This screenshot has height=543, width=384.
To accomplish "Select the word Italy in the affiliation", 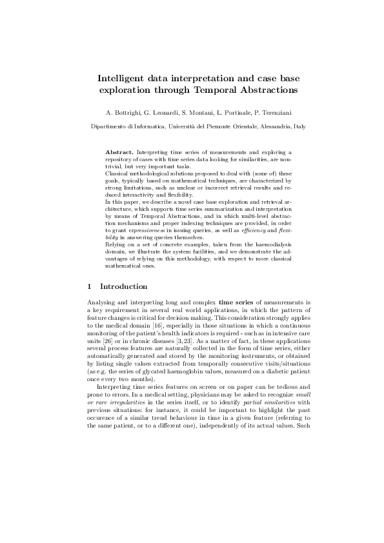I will (x=299, y=128).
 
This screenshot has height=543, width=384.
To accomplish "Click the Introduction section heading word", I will (x=124, y=286).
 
